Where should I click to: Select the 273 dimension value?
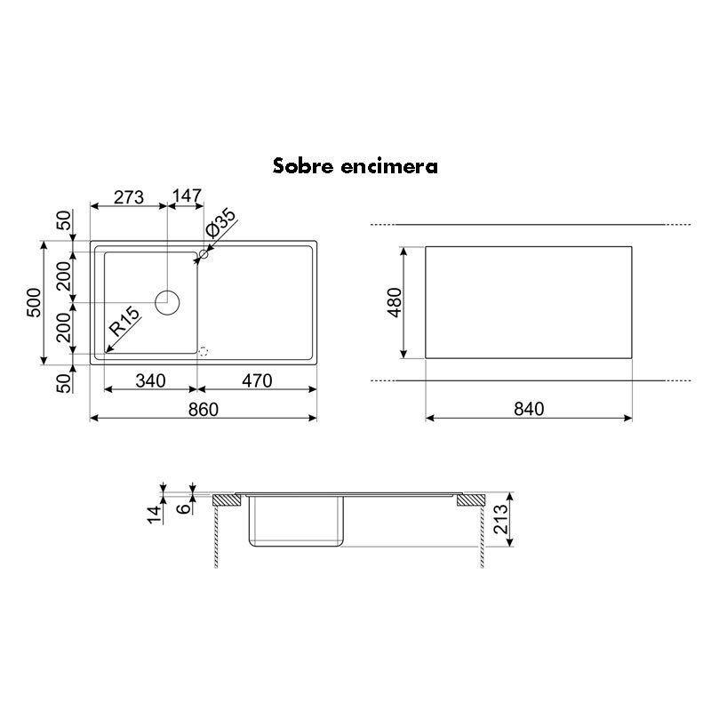129,197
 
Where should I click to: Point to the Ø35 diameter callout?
220,224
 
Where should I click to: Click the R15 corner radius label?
123,321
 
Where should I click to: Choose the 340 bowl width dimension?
151,381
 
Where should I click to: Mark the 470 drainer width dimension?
256,381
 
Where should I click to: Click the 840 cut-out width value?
528,409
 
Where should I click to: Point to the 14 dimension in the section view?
155,513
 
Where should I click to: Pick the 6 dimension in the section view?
183,508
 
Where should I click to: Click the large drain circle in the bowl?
167,302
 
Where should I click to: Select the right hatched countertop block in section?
468,500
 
